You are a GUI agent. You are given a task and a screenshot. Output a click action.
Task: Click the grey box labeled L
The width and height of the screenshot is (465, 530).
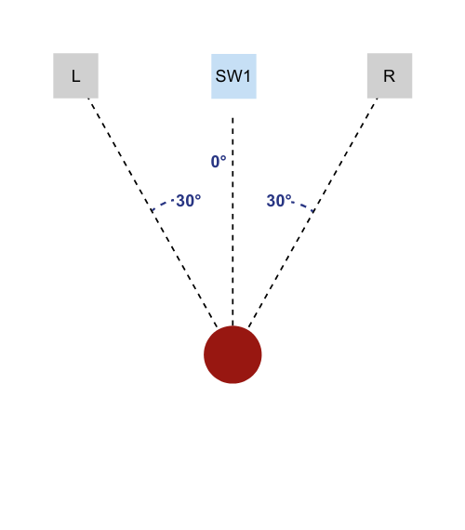(75, 75)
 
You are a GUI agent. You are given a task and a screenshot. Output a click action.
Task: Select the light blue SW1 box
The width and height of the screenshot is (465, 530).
(233, 76)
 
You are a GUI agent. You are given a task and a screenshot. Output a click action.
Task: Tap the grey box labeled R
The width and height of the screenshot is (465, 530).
(390, 75)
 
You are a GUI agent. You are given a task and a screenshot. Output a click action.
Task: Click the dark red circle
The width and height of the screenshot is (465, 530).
(232, 354)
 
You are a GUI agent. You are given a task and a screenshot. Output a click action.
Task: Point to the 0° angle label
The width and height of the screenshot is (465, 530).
(219, 162)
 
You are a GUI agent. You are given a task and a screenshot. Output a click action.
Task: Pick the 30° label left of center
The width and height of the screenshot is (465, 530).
(189, 201)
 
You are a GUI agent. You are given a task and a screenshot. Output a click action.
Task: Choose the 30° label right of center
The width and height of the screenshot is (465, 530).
(279, 201)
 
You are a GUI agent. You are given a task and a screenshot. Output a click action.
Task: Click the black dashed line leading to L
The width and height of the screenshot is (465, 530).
(153, 213)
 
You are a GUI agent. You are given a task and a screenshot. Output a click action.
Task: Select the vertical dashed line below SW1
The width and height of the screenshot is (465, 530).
(232, 221)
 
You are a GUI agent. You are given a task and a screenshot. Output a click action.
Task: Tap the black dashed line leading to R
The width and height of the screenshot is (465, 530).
(312, 213)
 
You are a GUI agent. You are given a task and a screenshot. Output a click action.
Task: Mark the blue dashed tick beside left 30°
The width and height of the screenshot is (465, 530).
(163, 205)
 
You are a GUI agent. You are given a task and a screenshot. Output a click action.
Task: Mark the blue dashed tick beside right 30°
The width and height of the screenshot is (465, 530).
(303, 206)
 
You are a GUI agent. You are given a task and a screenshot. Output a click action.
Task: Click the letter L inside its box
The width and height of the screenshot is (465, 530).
(75, 76)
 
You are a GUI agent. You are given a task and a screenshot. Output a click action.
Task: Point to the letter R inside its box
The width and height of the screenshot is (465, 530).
(390, 76)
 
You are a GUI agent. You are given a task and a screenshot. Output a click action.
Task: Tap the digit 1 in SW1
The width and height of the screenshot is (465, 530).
(246, 76)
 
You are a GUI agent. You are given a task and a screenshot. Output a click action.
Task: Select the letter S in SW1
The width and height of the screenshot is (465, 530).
(220, 76)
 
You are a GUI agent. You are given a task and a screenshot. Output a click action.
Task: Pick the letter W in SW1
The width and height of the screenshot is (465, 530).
(234, 76)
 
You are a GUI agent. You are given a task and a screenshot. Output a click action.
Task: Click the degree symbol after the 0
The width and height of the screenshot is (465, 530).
(223, 158)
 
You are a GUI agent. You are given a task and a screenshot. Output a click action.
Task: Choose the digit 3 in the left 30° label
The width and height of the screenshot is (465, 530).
(181, 201)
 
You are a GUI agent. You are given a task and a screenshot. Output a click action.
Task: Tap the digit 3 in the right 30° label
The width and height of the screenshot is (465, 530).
(272, 201)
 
